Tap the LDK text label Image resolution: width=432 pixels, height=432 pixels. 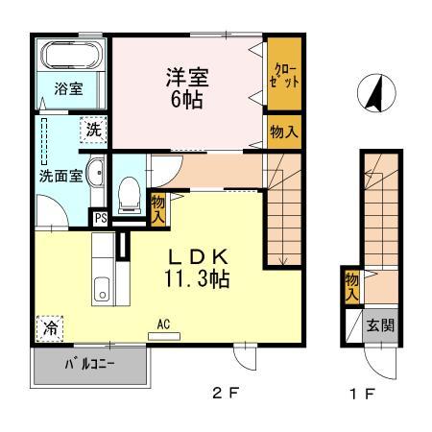[199, 258]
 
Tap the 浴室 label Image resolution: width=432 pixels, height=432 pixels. [66, 89]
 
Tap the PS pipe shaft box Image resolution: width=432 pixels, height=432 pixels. [99, 218]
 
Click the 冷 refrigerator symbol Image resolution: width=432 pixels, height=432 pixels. [50, 327]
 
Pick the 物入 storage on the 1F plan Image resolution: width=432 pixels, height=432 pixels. [352, 285]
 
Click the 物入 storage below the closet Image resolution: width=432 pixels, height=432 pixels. [284, 130]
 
